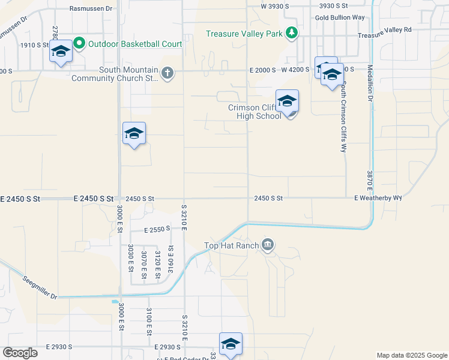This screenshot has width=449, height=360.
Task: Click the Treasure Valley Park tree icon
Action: click(x=291, y=33)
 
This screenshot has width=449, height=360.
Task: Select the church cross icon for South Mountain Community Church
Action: click(x=167, y=74)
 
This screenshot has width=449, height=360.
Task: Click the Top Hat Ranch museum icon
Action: click(x=268, y=244)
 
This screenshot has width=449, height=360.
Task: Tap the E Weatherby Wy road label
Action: click(x=378, y=198)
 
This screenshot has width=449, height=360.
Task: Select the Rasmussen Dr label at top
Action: click(x=91, y=9)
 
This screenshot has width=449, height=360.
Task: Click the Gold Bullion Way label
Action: click(x=340, y=17)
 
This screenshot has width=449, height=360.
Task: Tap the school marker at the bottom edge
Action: click(x=231, y=344)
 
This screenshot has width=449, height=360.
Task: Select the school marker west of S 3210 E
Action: click(x=134, y=134)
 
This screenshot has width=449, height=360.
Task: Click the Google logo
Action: click(x=20, y=353)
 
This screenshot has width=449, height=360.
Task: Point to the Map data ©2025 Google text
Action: click(x=411, y=355)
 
